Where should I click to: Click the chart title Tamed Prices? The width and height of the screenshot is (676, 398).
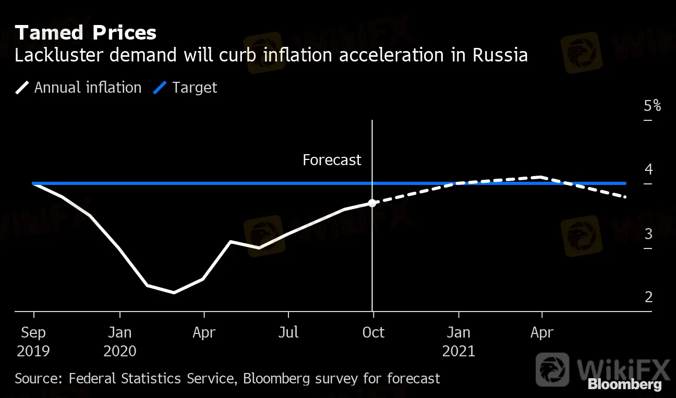pyautogui.click(x=86, y=33)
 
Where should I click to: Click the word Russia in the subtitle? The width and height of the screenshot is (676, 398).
pyautogui.click(x=500, y=55)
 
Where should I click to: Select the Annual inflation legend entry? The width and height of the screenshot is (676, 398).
pyautogui.click(x=78, y=88)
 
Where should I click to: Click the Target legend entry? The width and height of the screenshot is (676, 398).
pyautogui.click(x=185, y=88)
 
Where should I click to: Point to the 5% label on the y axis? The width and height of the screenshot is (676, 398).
pyautogui.click(x=652, y=106)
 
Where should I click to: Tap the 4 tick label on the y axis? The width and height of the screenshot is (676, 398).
pyautogui.click(x=648, y=169)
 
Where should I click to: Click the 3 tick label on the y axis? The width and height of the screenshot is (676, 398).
pyautogui.click(x=648, y=234)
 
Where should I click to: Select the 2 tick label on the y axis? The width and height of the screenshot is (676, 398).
pyautogui.click(x=648, y=297)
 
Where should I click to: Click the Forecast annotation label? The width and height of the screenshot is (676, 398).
pyautogui.click(x=332, y=160)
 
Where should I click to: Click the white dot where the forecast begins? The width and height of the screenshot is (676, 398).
pyautogui.click(x=372, y=203)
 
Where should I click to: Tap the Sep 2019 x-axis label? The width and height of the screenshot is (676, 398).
pyautogui.click(x=33, y=341)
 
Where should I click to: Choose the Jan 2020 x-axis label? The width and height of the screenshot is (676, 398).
pyautogui.click(x=120, y=341)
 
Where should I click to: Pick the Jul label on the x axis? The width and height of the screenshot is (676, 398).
pyautogui.click(x=288, y=332)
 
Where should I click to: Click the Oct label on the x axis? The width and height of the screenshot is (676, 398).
pyautogui.click(x=373, y=332)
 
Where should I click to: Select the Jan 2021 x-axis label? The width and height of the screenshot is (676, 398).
pyautogui.click(x=458, y=341)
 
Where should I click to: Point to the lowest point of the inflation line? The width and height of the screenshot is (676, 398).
pyautogui.click(x=174, y=292)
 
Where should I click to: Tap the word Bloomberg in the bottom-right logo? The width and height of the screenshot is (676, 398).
pyautogui.click(x=624, y=385)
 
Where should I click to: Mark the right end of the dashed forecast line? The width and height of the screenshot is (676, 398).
pyautogui.click(x=625, y=197)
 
